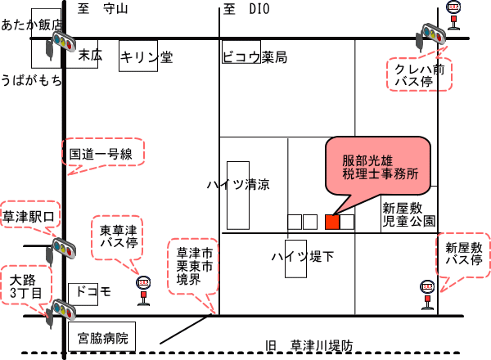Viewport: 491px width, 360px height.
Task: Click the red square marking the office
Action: coord(332,222)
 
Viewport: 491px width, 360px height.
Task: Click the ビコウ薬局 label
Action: coord(255,57)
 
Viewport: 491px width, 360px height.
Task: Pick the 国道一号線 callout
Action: coord(103,153)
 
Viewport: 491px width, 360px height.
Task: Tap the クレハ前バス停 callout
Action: coord(418,76)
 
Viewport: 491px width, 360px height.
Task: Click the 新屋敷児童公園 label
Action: coord(408,215)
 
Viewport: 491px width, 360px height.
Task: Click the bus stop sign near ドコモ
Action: coord(144,288)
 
